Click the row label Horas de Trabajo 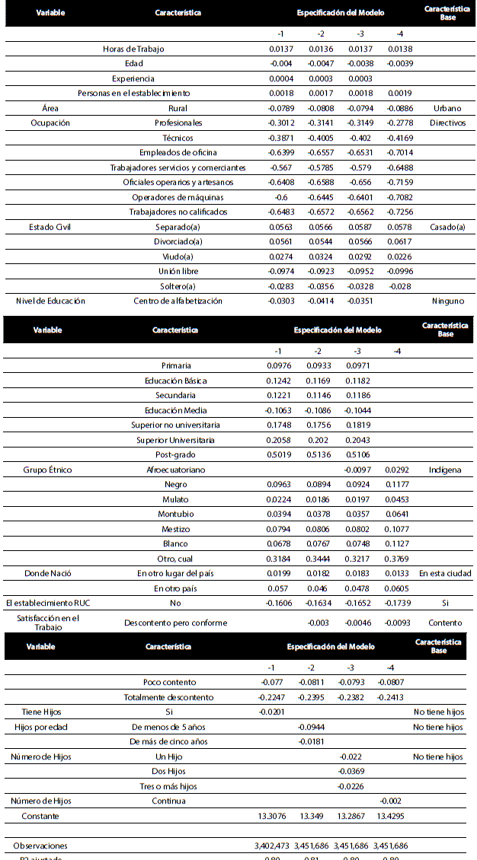133,49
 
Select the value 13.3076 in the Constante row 274,816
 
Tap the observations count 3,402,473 274,846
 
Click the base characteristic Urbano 447,108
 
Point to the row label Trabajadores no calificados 178,212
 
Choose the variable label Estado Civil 50,227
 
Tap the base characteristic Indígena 445,470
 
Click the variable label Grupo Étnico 47,470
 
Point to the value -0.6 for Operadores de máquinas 280,197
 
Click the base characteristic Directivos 447,123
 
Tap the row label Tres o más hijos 168,786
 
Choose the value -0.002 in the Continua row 390,801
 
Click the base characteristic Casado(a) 447,227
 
